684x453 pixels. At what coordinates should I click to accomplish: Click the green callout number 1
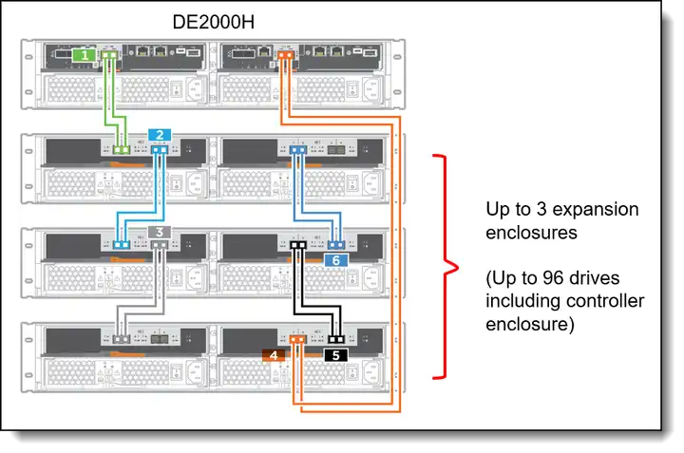86,57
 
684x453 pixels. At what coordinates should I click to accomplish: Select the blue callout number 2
161,135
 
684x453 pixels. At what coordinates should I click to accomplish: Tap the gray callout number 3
161,232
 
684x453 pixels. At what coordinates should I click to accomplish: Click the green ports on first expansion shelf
122,150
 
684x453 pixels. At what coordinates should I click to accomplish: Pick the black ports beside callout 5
334,339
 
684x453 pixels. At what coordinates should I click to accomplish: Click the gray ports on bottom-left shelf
122,339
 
